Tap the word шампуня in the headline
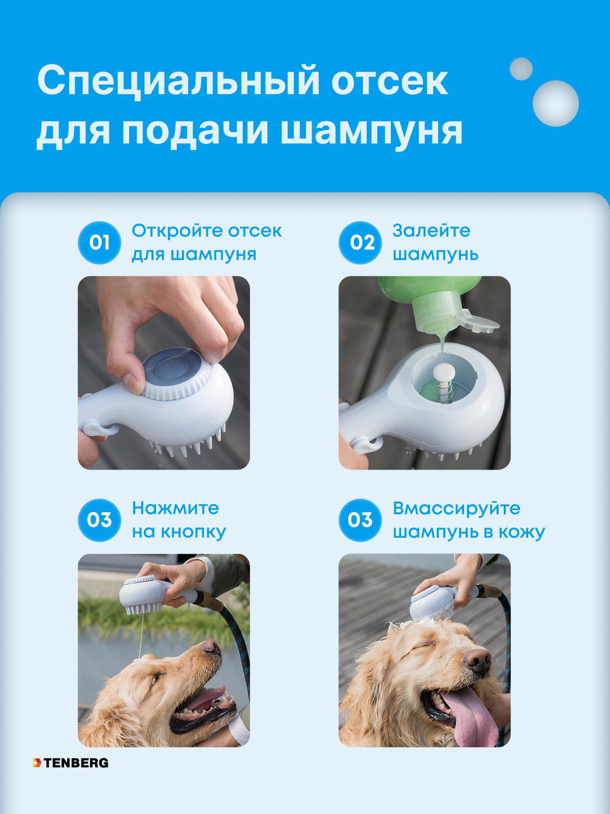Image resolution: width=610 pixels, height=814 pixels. click(x=371, y=131)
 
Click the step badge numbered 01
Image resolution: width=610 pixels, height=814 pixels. click(x=100, y=243)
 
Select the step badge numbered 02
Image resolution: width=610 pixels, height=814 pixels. click(x=360, y=243)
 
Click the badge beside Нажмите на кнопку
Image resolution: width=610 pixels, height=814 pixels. click(x=100, y=520)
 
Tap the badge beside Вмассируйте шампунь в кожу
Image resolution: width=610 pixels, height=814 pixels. click(x=360, y=520)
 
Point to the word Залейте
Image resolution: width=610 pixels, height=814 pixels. click(x=431, y=231)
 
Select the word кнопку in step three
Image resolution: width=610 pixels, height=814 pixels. click(x=193, y=532)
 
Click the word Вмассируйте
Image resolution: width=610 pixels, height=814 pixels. click(x=456, y=508)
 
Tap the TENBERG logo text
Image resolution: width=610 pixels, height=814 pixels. click(x=76, y=763)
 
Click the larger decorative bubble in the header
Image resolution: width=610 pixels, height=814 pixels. click(x=556, y=103)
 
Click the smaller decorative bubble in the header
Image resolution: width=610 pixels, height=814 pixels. click(x=521, y=69)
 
